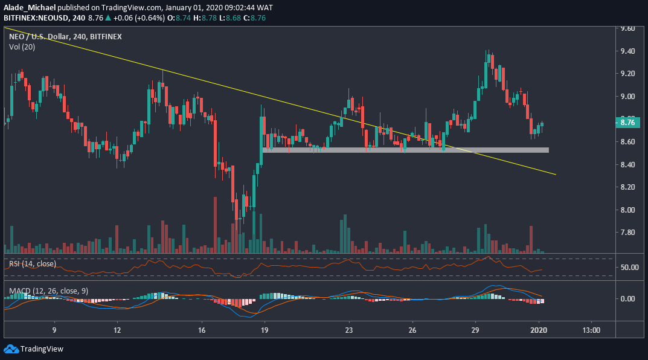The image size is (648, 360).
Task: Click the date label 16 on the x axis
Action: click(202, 330)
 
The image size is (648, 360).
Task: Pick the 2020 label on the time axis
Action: click(539, 330)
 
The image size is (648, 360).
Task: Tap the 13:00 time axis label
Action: click(591, 330)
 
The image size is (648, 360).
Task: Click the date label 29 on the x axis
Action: click(475, 330)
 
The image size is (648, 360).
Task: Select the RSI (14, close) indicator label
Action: click(32, 264)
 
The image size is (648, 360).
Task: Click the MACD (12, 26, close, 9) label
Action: click(48, 291)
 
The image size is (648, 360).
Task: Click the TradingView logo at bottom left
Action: click(33, 349)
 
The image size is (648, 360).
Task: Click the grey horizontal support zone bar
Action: click(405, 150)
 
